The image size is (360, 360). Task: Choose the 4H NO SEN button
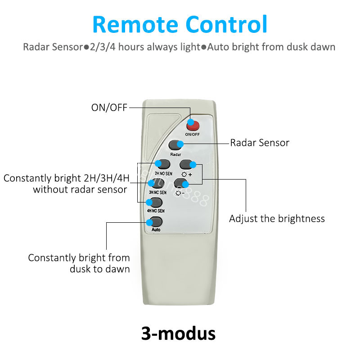click(x=156, y=202)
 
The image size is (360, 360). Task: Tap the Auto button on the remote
click(x=156, y=221)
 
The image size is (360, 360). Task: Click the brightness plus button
click(x=187, y=164)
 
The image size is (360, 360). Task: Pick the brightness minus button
click(x=181, y=183)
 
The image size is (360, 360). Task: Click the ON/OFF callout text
click(x=109, y=107)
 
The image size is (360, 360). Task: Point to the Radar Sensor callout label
click(x=260, y=143)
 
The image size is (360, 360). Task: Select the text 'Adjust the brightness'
click(x=277, y=219)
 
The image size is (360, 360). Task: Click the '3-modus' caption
click(x=178, y=333)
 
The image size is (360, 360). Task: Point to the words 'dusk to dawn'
click(x=99, y=269)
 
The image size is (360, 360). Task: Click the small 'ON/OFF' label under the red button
click(x=192, y=134)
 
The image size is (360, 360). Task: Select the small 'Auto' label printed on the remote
click(x=156, y=229)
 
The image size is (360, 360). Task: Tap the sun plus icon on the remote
click(x=186, y=173)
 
